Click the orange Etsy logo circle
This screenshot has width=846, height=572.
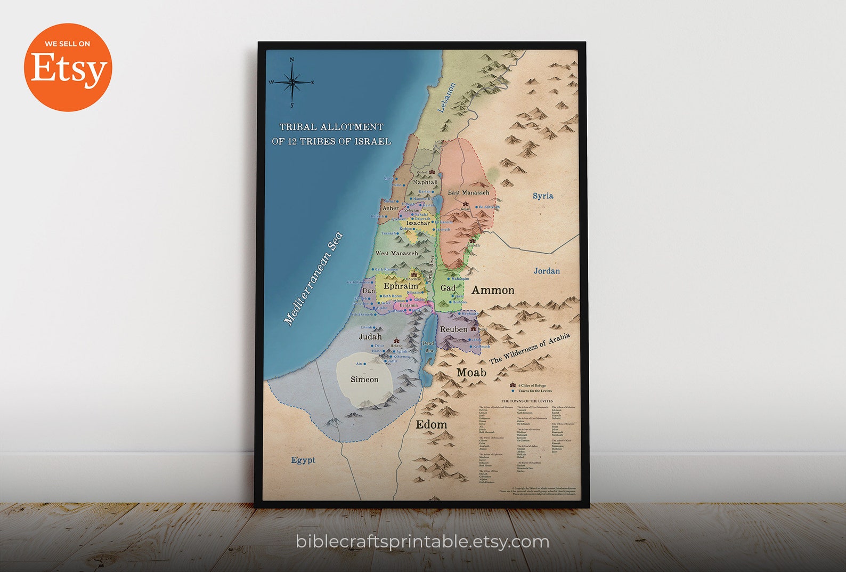68,67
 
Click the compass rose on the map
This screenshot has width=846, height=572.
292,82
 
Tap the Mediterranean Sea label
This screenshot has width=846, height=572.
313,279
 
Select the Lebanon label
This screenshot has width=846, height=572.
446,98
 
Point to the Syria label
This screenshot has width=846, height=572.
543,196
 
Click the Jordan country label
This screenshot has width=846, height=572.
547,271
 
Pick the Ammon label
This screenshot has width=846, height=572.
493,290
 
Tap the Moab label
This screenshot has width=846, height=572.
471,372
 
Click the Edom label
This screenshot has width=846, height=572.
431,424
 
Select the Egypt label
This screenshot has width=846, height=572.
303,460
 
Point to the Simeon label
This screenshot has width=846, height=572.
364,380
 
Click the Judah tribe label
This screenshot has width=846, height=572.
370,336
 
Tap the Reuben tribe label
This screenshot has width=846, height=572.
453,329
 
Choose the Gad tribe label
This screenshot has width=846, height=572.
448,288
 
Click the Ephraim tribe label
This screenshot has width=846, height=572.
401,286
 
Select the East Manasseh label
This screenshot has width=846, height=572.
468,192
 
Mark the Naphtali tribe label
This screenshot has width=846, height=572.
425,182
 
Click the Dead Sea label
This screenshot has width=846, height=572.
428,347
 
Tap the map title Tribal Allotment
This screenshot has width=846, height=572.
331,134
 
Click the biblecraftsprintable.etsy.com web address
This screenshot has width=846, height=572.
422,542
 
